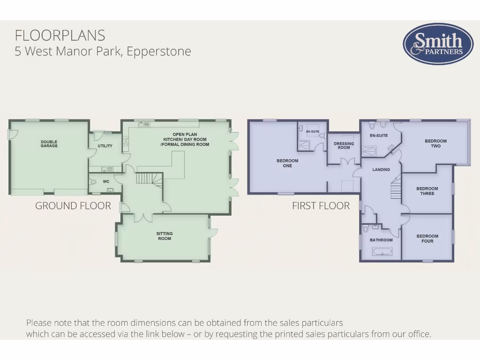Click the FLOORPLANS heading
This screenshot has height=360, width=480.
[x=60, y=35]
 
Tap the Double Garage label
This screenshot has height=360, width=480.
[x=49, y=144]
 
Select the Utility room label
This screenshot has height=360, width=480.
[x=105, y=146]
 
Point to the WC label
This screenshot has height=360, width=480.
[x=106, y=181]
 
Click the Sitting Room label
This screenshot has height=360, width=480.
[x=165, y=236]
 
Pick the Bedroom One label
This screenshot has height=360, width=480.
[x=287, y=163]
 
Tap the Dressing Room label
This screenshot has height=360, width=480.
[x=344, y=146]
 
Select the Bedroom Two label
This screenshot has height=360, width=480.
[x=435, y=143]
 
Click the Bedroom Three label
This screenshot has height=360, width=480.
[x=427, y=191]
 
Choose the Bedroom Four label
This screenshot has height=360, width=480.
[x=427, y=239]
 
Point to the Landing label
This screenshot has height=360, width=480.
[x=381, y=169]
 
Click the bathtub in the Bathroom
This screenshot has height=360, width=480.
[x=382, y=252]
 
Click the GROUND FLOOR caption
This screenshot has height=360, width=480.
[x=73, y=206]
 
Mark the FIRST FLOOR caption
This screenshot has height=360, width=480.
[x=321, y=206]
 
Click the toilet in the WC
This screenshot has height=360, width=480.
[x=93, y=181]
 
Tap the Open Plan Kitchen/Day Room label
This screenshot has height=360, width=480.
[x=185, y=139]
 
